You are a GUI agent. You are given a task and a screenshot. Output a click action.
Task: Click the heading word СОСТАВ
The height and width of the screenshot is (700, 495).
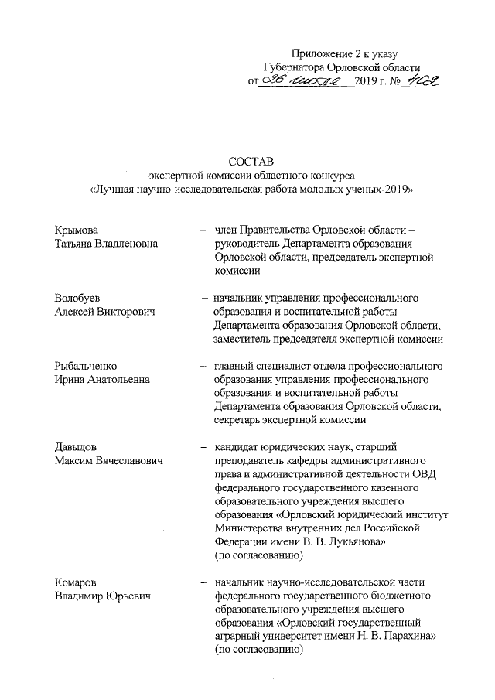click(247, 162)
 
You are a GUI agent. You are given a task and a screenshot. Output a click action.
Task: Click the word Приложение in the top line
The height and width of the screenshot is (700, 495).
click(318, 53)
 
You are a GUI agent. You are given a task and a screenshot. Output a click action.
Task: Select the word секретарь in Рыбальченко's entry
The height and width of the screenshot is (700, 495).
click(239, 420)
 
